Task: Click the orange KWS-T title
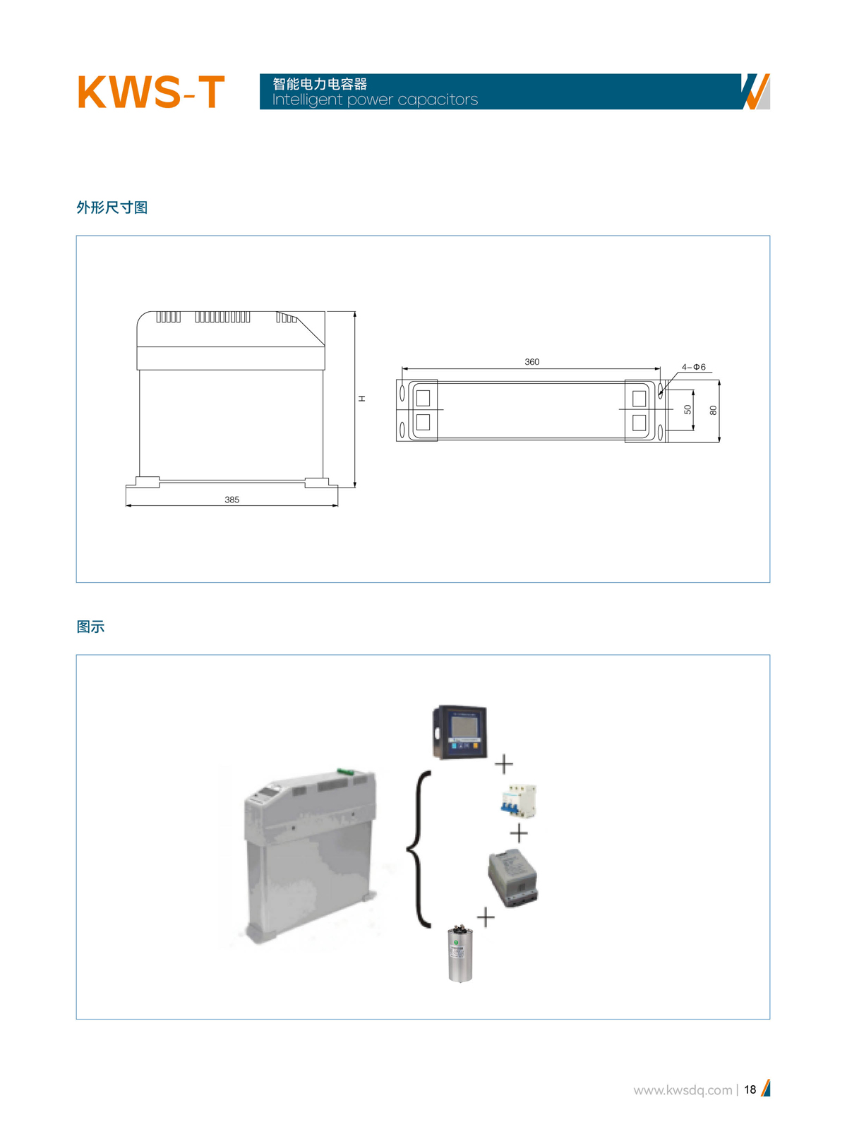click(x=151, y=92)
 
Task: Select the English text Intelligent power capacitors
click(x=375, y=99)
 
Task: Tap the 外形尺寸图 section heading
click(x=112, y=207)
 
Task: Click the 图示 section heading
click(x=91, y=627)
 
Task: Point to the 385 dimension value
click(x=232, y=500)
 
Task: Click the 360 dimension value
click(x=531, y=362)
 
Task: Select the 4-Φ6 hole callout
click(x=693, y=367)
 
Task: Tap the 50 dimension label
click(x=687, y=409)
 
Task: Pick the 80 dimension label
click(x=713, y=411)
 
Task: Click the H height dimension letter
click(x=362, y=398)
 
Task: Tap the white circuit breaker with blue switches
click(x=518, y=801)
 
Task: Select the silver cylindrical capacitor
click(x=460, y=954)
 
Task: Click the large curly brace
click(x=419, y=850)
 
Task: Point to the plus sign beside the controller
click(x=504, y=764)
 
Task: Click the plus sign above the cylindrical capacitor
click(x=486, y=917)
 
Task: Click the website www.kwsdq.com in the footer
click(x=683, y=1090)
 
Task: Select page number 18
click(x=750, y=1089)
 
